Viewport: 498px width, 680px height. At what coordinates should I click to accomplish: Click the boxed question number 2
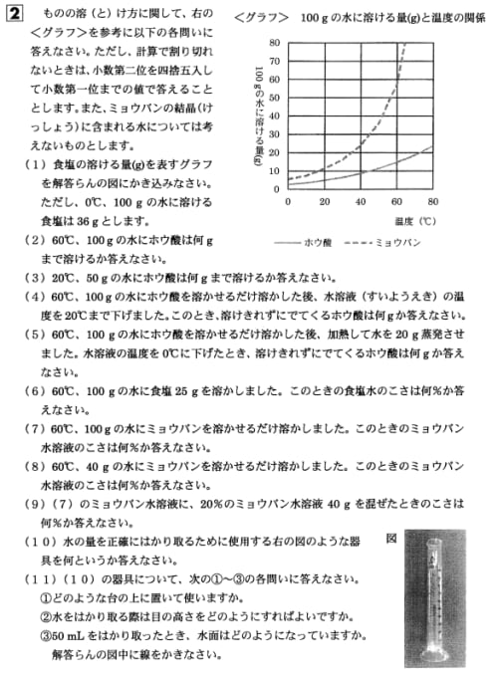coord(14,14)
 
